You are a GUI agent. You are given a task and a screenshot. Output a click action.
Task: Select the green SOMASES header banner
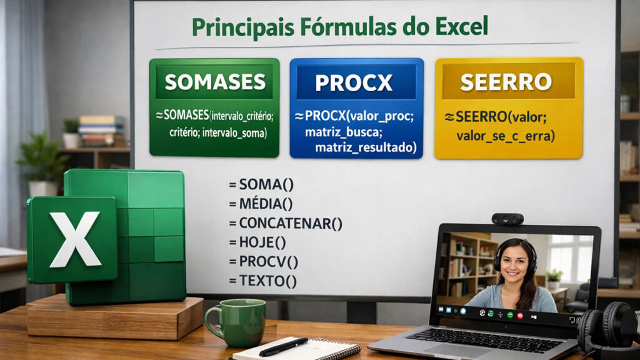click(x=214, y=81)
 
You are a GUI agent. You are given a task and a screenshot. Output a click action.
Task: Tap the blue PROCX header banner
click(x=356, y=82)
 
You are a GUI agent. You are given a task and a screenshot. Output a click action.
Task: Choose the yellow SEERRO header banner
click(x=508, y=81)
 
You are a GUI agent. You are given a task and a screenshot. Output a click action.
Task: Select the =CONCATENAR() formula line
click(x=286, y=223)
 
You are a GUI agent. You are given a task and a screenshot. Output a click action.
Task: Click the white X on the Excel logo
click(x=74, y=238)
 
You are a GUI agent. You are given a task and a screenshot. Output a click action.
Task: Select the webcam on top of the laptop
click(x=507, y=219)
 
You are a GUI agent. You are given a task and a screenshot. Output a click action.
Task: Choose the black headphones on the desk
click(x=609, y=328)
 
